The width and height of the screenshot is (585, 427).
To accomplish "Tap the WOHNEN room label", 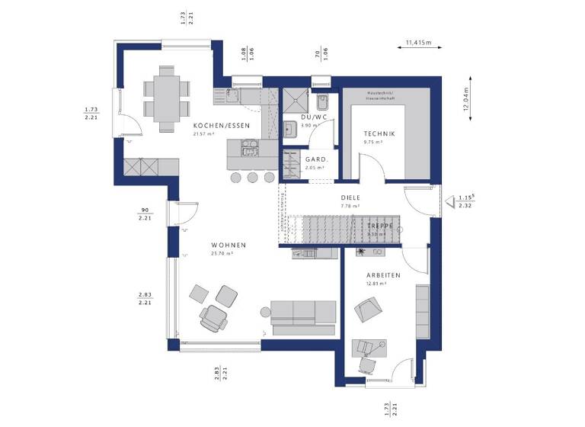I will point(229,245).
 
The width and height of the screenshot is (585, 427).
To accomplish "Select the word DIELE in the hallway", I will point(350,197).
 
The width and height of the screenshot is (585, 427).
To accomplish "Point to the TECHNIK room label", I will point(379,133).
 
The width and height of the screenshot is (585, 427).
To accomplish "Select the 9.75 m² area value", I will point(373,141).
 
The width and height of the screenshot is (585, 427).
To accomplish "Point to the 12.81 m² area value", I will point(376,282).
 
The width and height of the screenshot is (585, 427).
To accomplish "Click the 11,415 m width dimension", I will point(418,42).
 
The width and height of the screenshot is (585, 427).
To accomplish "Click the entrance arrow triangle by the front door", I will point(453,203).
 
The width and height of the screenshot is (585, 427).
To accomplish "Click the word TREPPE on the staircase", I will point(379,226).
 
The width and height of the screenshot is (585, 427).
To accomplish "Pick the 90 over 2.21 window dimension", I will point(145,214).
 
